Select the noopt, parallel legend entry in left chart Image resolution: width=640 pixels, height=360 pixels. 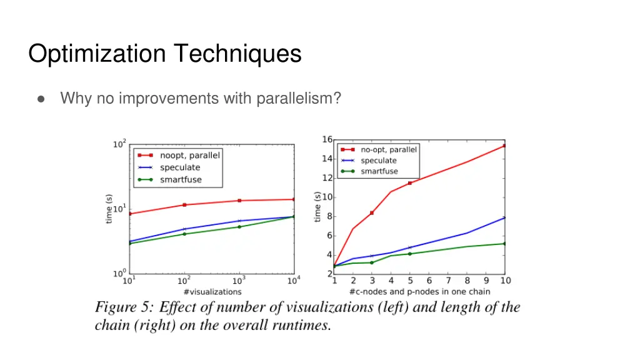(190, 155)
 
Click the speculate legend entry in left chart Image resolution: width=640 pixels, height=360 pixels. (180, 167)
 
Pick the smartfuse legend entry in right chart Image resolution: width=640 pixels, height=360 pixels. (379, 171)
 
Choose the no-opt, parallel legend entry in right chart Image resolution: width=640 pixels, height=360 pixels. (388, 149)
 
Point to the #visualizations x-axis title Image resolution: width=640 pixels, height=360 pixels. (212, 291)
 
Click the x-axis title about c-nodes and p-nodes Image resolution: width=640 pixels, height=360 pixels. (419, 291)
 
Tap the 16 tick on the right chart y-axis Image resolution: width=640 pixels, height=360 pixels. (327, 139)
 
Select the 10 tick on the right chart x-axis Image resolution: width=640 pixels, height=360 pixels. (505, 281)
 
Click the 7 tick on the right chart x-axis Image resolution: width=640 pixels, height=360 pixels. (448, 281)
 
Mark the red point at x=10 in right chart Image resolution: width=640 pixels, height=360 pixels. (504, 146)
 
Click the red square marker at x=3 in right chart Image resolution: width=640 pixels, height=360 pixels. (372, 213)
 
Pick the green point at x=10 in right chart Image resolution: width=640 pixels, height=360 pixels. (504, 244)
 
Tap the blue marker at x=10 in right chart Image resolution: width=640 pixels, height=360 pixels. (504, 217)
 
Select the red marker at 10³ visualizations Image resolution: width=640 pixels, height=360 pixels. (239, 201)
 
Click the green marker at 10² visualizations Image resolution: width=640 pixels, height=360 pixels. (184, 234)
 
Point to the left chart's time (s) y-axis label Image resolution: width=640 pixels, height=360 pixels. (109, 208)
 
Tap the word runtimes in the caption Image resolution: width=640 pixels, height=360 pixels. (302, 326)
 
